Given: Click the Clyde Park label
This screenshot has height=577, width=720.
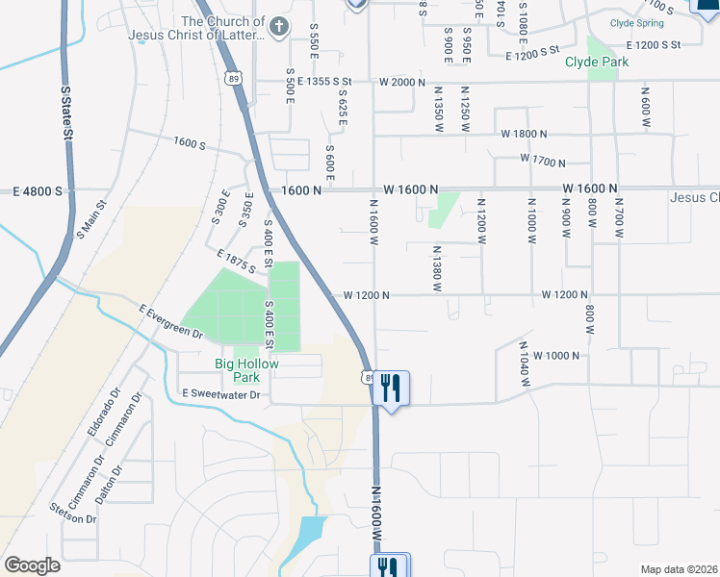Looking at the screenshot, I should (596, 63).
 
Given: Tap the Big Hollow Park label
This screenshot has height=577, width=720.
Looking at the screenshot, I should (245, 370).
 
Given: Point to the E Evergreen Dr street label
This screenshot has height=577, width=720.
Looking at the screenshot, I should (171, 321).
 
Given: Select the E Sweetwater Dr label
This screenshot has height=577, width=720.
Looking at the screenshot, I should (220, 395).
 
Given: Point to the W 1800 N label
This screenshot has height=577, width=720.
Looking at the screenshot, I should (523, 135).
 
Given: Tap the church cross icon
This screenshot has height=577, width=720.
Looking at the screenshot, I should (278, 25).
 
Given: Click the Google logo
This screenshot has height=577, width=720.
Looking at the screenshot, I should (32, 565).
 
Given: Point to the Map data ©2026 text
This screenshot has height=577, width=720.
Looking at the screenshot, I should (677, 569).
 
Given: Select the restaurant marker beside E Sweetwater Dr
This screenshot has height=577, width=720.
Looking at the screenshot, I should (390, 389).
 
